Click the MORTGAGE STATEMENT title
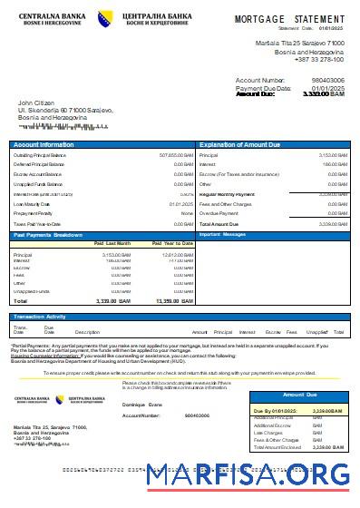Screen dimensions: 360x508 (290, 18)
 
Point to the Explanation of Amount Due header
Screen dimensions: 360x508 (243, 145)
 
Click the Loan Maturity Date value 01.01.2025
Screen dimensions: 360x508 (180, 204)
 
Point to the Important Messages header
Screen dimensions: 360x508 (222, 234)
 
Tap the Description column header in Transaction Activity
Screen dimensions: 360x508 (87, 332)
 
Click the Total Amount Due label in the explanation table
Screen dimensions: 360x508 (219, 223)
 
